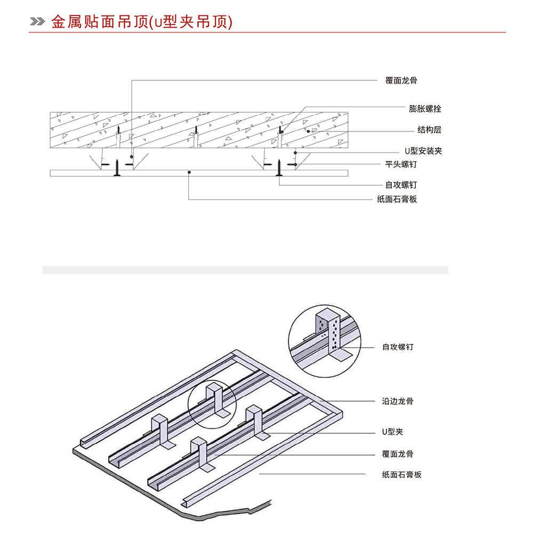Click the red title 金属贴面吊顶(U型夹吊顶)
tap(142, 22)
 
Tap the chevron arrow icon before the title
tap(37, 22)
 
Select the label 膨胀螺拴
tap(425, 109)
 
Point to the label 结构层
tap(429, 130)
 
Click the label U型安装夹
tap(423, 151)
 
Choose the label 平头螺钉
tap(401, 164)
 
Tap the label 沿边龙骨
tap(398, 401)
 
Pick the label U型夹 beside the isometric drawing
tap(392, 432)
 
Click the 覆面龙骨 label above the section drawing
tap(401, 80)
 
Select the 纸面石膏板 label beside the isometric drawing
tap(402, 475)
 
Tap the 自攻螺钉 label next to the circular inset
tap(398, 347)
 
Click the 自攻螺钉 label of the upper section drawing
tap(401, 185)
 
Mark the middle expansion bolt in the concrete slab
tap(196, 137)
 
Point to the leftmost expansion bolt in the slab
tap(118, 137)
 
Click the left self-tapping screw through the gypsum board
tap(117, 168)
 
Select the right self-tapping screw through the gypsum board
tap(279, 168)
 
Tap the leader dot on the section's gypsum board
tap(189, 172)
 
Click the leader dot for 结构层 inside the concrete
tap(308, 131)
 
